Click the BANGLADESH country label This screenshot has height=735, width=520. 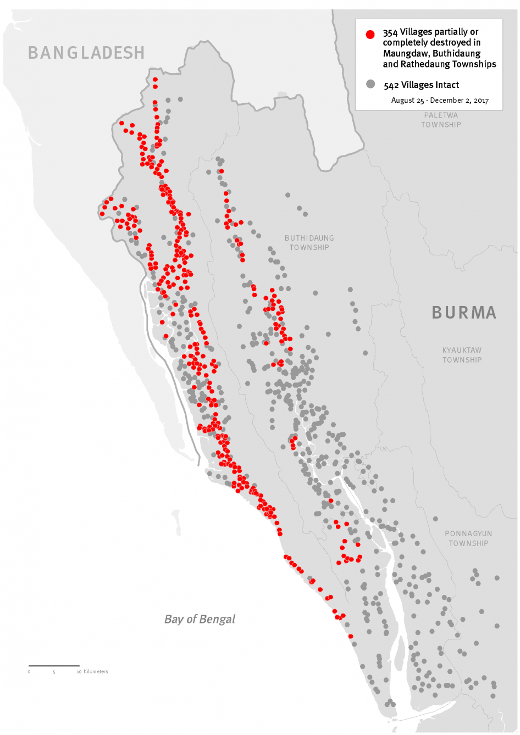click(86, 53)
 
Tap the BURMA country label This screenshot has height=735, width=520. click(464, 313)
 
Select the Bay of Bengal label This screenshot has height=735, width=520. click(200, 619)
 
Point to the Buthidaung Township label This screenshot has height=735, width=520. click(309, 243)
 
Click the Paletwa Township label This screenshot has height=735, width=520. click(441, 120)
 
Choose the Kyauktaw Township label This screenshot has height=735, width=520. click(462, 355)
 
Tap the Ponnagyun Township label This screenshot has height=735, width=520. click(468, 538)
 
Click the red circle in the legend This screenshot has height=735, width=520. click(370, 34)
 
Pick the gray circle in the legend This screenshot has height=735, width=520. click(370, 84)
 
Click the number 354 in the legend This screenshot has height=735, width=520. click(390, 32)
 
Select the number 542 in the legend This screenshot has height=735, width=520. click(391, 85)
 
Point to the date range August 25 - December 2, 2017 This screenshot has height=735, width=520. click(440, 101)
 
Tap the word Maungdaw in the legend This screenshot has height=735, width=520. click(406, 53)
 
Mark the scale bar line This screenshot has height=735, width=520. click(54, 666)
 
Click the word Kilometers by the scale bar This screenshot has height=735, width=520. click(96, 671)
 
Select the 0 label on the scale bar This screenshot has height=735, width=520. click(29, 672)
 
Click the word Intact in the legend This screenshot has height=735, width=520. click(446, 85)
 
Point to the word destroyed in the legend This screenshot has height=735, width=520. click(451, 42)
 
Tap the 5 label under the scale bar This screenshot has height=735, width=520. click(54, 672)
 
